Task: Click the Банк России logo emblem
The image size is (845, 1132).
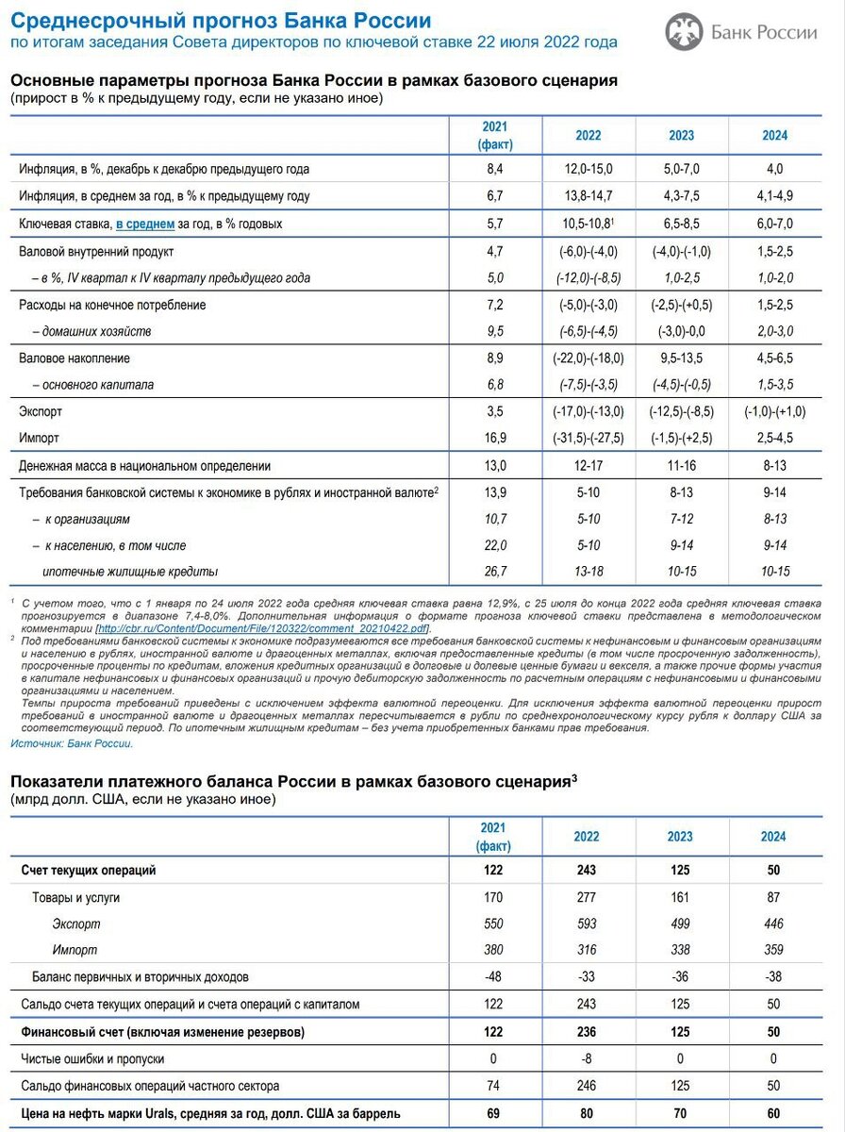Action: [x=684, y=32]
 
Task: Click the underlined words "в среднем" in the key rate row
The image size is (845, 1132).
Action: [x=145, y=225]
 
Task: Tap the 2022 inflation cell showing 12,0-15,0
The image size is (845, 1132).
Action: [x=588, y=169]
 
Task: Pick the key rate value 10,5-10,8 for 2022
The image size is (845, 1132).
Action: [x=587, y=225]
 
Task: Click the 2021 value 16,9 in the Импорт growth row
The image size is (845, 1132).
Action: [x=494, y=438]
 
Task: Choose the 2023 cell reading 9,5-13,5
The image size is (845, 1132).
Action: [x=681, y=358]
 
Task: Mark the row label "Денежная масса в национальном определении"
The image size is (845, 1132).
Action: [x=145, y=465]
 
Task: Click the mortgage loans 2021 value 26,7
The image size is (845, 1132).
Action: [x=494, y=572]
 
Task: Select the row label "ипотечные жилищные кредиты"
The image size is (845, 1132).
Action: [x=130, y=572]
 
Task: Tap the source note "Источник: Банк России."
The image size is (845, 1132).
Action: [x=72, y=743]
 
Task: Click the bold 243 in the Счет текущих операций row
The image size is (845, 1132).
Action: [x=587, y=871]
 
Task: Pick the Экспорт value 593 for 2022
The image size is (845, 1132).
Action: [x=587, y=924]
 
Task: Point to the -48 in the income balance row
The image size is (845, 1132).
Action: [x=494, y=977]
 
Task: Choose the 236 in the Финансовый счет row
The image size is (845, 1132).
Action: [x=587, y=1032]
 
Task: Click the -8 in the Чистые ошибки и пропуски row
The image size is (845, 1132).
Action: [x=587, y=1059]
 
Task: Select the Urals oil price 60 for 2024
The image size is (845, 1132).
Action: [x=773, y=1114]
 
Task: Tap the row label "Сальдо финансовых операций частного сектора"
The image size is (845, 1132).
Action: [x=150, y=1087]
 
